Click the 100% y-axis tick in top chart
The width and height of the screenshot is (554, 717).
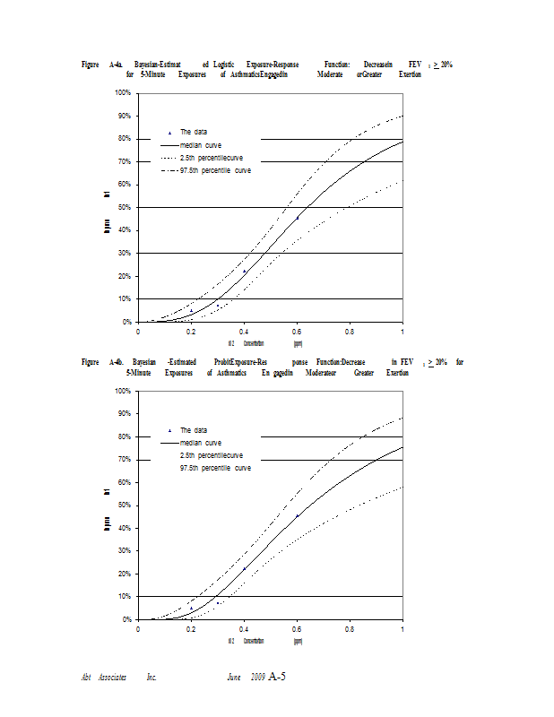pyautogui.click(x=122, y=93)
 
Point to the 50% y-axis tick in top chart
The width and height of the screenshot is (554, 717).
pyautogui.click(x=124, y=207)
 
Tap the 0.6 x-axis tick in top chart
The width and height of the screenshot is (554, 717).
pyautogui.click(x=297, y=331)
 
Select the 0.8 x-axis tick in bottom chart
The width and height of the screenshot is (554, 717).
pyautogui.click(x=350, y=628)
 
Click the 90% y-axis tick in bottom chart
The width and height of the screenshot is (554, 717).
pyautogui.click(x=124, y=414)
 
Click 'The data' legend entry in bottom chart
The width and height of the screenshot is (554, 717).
pyautogui.click(x=194, y=430)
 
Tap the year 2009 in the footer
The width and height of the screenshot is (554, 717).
pyautogui.click(x=257, y=677)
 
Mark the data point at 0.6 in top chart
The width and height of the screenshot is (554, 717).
pyautogui.click(x=298, y=218)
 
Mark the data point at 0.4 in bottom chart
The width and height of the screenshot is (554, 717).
pyautogui.click(x=245, y=568)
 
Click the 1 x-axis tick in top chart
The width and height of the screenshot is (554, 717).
pyautogui.click(x=403, y=331)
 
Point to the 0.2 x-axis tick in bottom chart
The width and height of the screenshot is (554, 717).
pyautogui.click(x=191, y=628)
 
